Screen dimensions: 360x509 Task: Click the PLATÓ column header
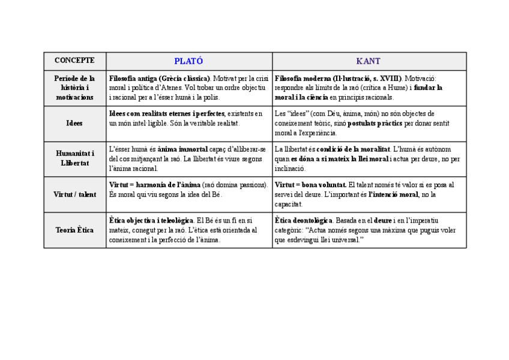click(188, 61)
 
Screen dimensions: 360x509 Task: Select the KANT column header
click(369, 61)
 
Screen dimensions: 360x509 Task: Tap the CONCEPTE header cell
click(74, 61)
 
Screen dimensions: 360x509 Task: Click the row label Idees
click(74, 123)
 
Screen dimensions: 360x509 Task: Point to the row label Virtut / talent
click(74, 194)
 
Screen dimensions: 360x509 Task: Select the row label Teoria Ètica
click(74, 230)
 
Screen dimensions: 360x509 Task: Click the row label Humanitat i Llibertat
click(74, 158)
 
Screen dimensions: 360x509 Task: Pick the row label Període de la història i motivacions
click(74, 88)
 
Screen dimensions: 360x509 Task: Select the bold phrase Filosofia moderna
click(300, 79)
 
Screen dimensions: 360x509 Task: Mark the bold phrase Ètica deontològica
click(304, 221)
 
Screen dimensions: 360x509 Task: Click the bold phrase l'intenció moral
click(393, 194)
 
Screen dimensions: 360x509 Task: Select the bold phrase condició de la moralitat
click(354, 149)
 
